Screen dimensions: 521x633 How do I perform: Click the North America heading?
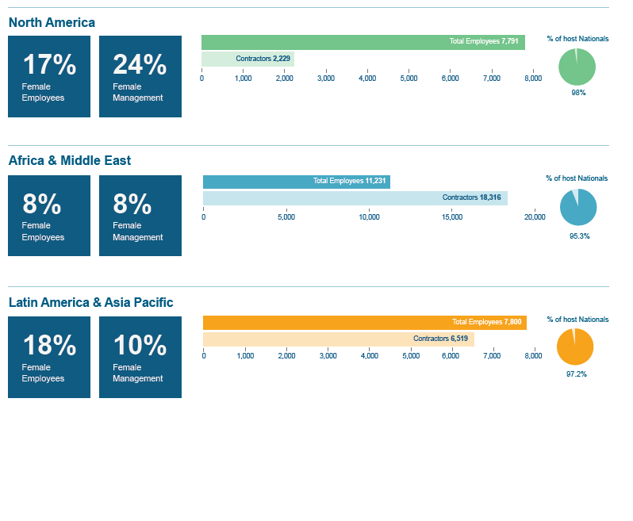click(x=52, y=22)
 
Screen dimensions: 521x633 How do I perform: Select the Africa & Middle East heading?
click(x=70, y=160)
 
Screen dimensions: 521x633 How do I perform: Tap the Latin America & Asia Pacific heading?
click(x=90, y=302)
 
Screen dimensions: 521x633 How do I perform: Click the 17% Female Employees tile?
click(x=49, y=76)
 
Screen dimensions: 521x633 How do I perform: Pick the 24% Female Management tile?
click(x=140, y=76)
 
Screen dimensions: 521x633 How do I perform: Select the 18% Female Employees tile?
click(x=49, y=357)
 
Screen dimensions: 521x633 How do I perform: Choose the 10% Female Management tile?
click(x=140, y=357)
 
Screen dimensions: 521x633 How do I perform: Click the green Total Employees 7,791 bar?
click(x=363, y=42)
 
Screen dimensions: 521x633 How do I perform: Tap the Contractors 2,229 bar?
click(x=247, y=59)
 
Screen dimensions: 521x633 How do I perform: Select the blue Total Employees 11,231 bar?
click(x=296, y=182)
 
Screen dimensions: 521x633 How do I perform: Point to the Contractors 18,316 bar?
click(x=355, y=198)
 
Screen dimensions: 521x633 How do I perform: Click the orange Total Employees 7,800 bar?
click(x=364, y=323)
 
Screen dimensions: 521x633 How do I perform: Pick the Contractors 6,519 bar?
click(x=338, y=339)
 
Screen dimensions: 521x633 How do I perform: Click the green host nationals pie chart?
click(x=577, y=67)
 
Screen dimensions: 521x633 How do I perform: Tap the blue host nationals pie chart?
click(x=578, y=208)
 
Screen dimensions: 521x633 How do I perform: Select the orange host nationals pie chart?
click(x=575, y=347)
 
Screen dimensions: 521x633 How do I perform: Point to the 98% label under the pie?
click(x=578, y=93)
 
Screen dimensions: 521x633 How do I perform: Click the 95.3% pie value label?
click(x=579, y=236)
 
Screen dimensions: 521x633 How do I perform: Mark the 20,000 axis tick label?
click(x=535, y=217)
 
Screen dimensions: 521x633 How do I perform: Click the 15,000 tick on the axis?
click(x=451, y=217)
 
